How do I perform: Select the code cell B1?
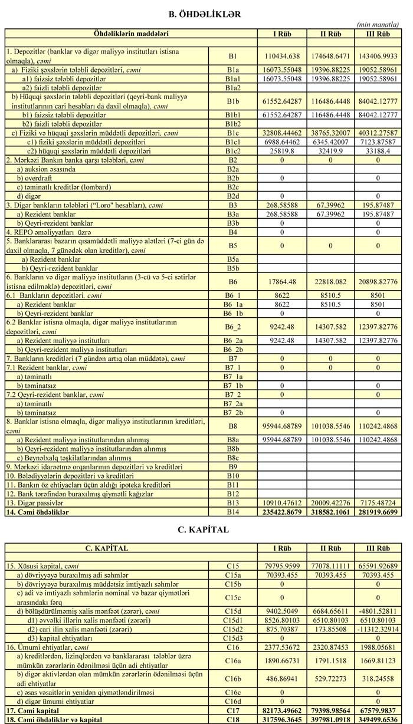tap(232, 56)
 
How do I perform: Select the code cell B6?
tap(232, 281)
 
